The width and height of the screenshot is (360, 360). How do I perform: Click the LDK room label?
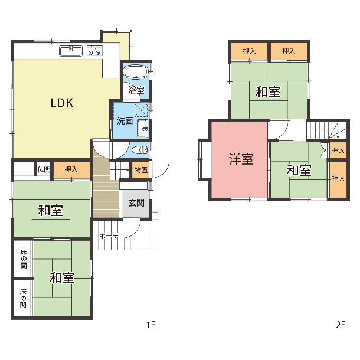62,103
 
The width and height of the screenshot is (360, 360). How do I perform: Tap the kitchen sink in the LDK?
71,51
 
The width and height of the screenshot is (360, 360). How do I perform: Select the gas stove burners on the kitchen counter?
94,51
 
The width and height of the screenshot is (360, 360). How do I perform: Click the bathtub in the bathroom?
136,71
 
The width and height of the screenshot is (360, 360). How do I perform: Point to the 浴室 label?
136,90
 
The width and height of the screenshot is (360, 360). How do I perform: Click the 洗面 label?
125,121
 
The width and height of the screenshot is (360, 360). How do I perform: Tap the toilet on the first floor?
140,150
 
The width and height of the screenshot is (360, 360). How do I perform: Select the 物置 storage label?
140,170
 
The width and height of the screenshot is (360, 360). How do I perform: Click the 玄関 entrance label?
136,203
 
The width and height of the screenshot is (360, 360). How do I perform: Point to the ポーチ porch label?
109,236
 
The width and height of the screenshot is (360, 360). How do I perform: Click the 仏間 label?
44,169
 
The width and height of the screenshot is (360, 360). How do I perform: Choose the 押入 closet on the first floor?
71,169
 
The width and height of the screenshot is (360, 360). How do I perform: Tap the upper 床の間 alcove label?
24,258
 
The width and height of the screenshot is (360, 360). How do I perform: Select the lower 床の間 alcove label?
23,299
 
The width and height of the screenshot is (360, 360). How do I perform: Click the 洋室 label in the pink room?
241,159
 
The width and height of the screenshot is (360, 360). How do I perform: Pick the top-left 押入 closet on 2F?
249,51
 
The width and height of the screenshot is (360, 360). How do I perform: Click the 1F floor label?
151,325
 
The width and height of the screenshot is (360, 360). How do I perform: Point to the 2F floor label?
341,325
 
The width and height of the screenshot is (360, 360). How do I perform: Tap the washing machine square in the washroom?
140,110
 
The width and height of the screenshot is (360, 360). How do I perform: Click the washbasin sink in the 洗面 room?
142,128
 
